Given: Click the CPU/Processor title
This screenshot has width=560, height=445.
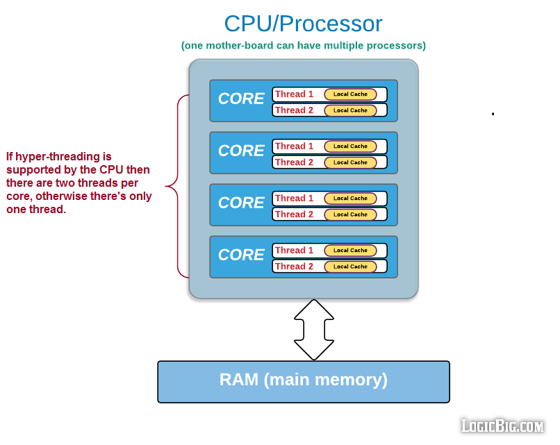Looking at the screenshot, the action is click(303, 24).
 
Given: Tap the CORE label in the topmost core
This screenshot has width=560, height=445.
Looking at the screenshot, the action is click(241, 99).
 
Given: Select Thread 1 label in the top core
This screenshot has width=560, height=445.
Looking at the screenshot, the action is click(294, 94).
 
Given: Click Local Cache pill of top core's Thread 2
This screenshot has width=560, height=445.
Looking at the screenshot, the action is click(350, 110).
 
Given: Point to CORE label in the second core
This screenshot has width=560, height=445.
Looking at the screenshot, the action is click(241, 151).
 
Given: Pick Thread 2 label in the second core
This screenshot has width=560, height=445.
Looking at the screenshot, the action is click(294, 162).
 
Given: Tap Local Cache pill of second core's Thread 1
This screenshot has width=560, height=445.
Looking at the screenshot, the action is click(350, 146).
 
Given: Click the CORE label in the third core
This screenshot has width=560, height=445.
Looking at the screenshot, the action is click(241, 203).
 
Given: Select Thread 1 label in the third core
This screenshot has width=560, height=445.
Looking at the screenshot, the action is click(294, 199).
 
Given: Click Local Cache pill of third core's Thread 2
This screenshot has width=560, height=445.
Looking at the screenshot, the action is click(350, 215).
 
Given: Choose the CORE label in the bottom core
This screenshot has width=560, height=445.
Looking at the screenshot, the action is click(241, 255).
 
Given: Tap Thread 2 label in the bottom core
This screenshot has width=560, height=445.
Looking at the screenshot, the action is click(294, 267).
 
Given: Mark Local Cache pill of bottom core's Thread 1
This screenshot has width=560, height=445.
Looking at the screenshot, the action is click(350, 251).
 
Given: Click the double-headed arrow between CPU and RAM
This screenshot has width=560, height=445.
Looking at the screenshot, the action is click(314, 330).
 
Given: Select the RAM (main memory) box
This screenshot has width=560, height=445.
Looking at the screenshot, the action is click(304, 382).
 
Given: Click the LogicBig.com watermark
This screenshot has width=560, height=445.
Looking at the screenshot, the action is click(502, 426).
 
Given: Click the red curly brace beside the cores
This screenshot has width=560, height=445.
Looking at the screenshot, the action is click(176, 186).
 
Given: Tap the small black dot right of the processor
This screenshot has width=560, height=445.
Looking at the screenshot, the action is click(493, 114).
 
